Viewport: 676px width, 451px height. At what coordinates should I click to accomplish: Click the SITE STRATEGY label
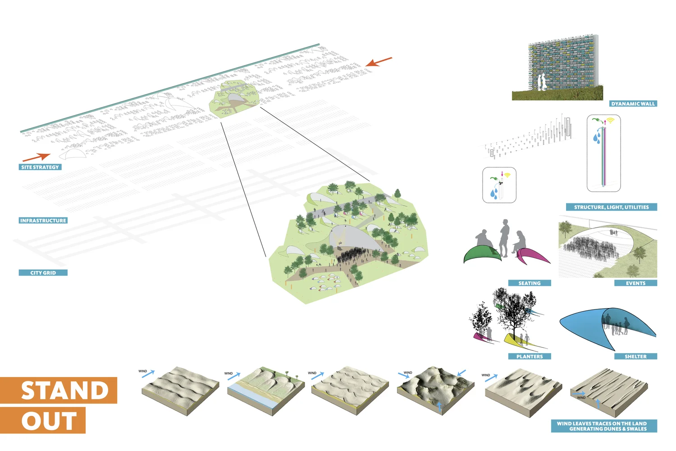[x=40, y=167]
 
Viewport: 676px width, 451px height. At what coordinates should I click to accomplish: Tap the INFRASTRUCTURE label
[x=43, y=221]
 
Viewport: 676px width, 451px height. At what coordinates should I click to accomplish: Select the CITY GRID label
[x=43, y=273]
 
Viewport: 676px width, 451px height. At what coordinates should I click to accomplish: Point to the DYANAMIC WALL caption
[x=633, y=104]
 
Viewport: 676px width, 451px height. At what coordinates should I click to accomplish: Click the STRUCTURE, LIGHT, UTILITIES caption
[x=612, y=207]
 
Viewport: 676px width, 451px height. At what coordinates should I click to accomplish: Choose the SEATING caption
[x=530, y=283]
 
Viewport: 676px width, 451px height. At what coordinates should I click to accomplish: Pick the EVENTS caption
[x=635, y=283]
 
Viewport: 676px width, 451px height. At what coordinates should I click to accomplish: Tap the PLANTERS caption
[x=530, y=357]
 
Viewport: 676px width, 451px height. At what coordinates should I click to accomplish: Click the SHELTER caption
[x=635, y=357]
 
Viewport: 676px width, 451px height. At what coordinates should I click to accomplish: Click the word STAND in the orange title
[x=64, y=391]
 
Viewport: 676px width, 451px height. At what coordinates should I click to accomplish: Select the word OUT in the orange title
[x=49, y=421]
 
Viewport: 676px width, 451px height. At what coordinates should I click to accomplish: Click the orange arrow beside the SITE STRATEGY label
[x=37, y=157]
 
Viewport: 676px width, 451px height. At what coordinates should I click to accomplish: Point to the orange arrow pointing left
[x=379, y=62]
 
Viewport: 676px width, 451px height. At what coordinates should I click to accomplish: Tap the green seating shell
[x=480, y=254]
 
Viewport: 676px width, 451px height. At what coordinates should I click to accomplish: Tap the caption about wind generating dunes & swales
[x=603, y=426]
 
